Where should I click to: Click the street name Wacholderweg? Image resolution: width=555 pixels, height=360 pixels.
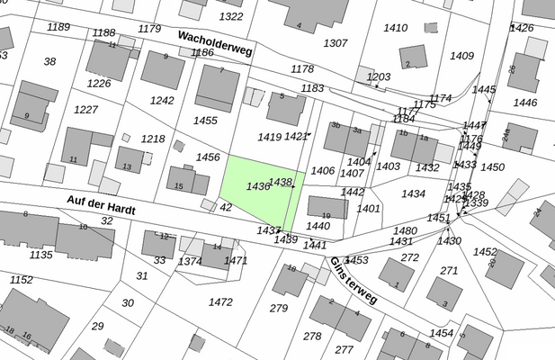215,44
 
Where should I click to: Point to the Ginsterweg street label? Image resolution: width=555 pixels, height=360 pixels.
354,281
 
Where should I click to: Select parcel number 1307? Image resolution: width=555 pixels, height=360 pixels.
335,43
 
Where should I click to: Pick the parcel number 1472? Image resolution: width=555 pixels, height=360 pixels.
220,301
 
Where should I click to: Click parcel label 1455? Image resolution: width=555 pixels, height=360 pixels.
205,120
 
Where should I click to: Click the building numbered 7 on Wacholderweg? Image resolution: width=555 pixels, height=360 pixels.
217,86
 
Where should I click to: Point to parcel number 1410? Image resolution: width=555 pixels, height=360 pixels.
396,28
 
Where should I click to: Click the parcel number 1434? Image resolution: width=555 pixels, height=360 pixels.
413,193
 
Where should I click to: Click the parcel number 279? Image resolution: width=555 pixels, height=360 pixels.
278,309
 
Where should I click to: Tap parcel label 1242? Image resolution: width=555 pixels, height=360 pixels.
162,101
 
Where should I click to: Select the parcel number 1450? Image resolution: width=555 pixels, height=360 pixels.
493,167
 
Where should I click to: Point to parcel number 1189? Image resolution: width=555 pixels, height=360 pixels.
58,27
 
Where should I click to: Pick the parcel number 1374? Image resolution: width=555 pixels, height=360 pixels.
190,261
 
